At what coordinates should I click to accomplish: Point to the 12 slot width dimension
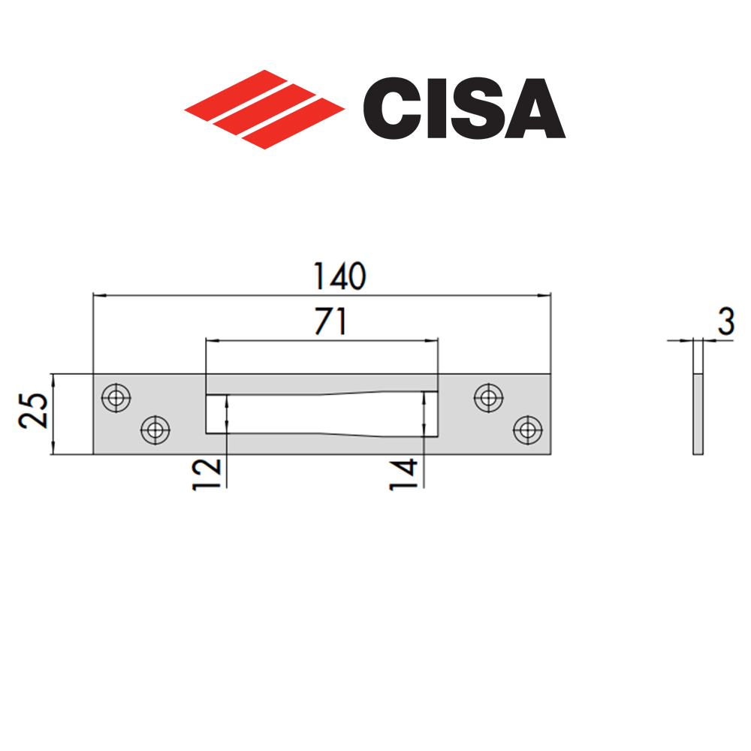point(207,474)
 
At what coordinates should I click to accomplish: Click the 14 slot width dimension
point(403,474)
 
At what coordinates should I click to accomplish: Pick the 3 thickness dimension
point(725,322)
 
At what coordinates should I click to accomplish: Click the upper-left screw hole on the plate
point(115,398)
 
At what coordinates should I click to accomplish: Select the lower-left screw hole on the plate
point(155,430)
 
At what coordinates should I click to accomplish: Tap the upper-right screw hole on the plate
point(489,398)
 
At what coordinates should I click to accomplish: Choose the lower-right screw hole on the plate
point(527,430)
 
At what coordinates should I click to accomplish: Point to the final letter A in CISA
point(535,110)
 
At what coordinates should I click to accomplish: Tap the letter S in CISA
point(473,110)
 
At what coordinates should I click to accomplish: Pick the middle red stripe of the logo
point(264,108)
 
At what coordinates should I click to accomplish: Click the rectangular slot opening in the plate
point(321,414)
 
